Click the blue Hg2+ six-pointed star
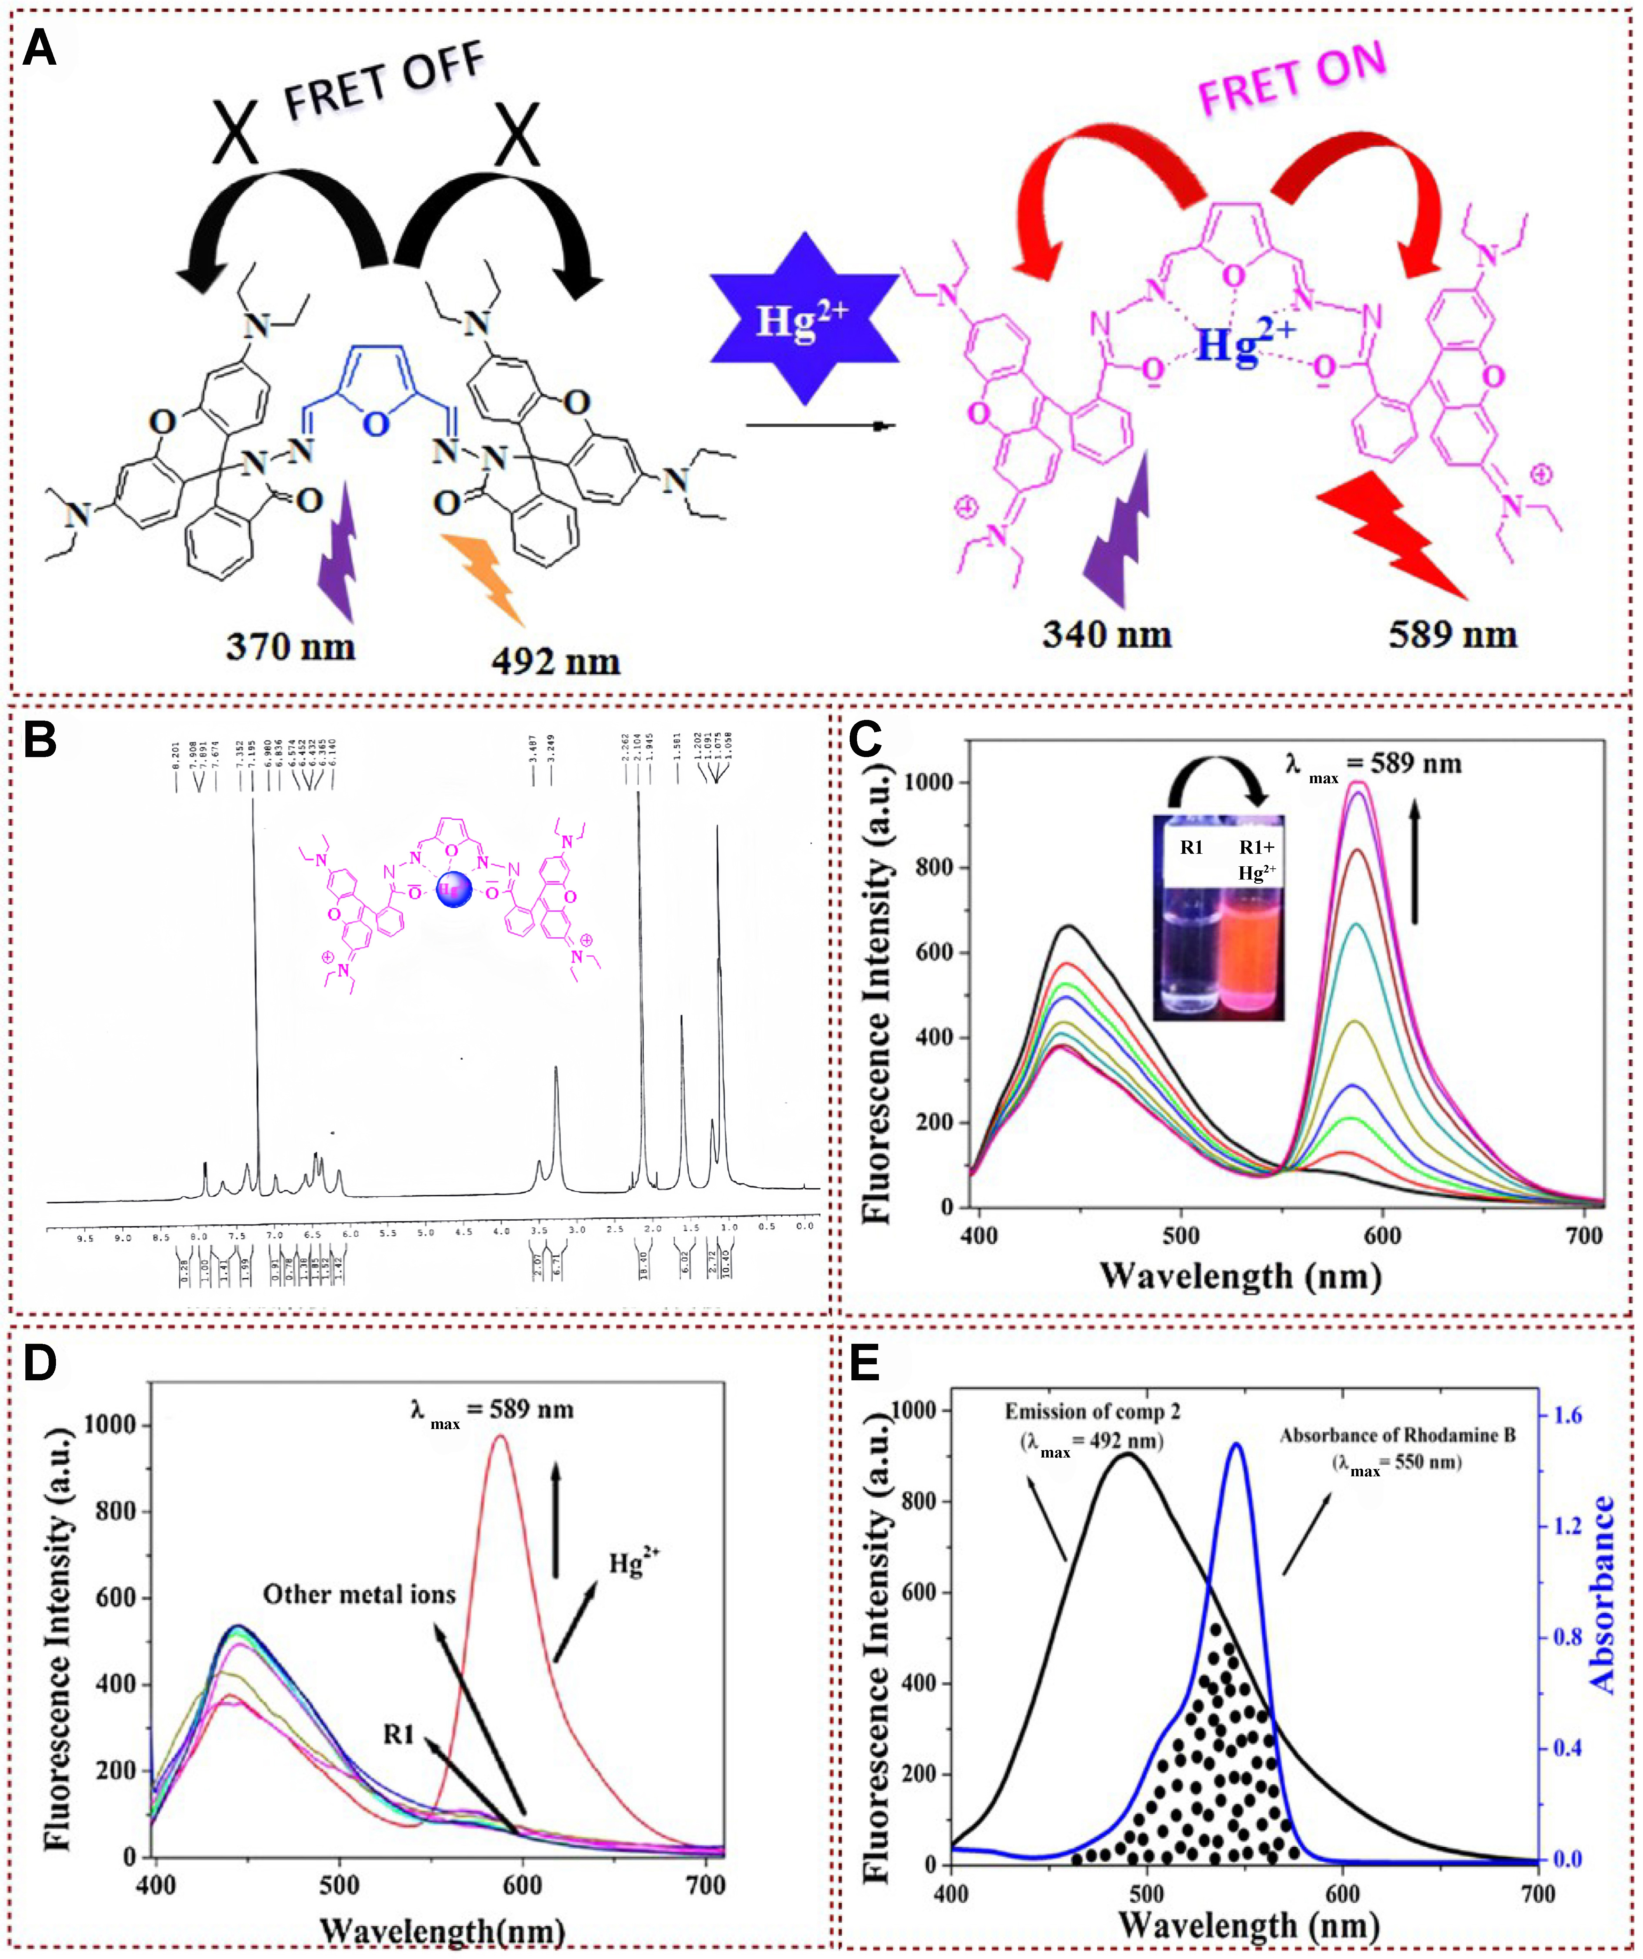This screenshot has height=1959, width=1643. tap(804, 319)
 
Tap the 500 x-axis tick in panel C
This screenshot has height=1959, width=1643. tap(1180, 1236)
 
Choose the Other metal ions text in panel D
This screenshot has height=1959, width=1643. tap(359, 1594)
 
